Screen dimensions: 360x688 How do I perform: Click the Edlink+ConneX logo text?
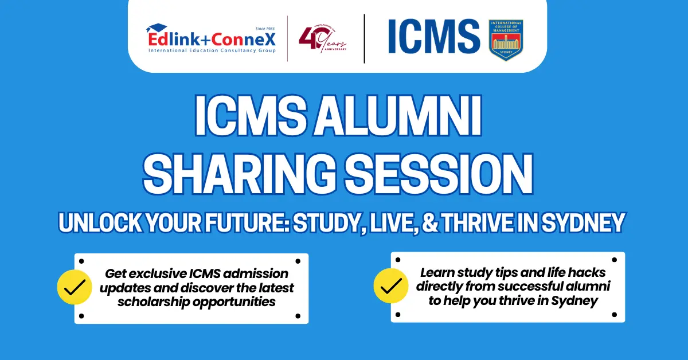point(212,39)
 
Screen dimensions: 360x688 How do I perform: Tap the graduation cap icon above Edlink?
point(156,28)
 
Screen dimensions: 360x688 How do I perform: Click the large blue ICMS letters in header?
point(434,36)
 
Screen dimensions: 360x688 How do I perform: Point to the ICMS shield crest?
point(505,40)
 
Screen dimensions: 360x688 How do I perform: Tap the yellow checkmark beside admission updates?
point(75,287)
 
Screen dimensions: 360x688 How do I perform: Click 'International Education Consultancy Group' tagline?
point(212,51)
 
